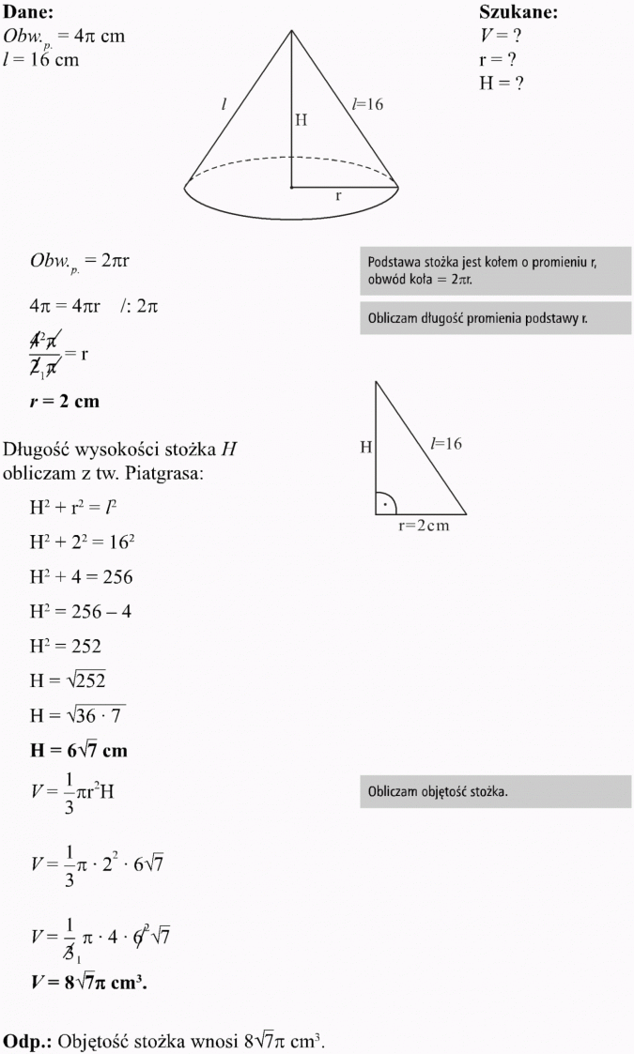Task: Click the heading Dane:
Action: point(28,12)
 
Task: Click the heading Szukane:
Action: point(518,12)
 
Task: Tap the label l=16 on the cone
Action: point(367,105)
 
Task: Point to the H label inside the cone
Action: point(301,120)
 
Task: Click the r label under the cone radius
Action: point(338,197)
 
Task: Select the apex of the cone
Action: point(292,30)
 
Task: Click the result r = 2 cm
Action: point(64,402)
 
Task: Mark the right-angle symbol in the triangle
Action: point(386,504)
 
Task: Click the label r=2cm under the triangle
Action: point(424,526)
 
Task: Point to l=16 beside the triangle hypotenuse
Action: point(446,443)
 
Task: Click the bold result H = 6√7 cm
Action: point(78,751)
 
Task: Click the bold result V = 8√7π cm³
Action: point(89,984)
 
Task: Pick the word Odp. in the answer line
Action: point(26,1042)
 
